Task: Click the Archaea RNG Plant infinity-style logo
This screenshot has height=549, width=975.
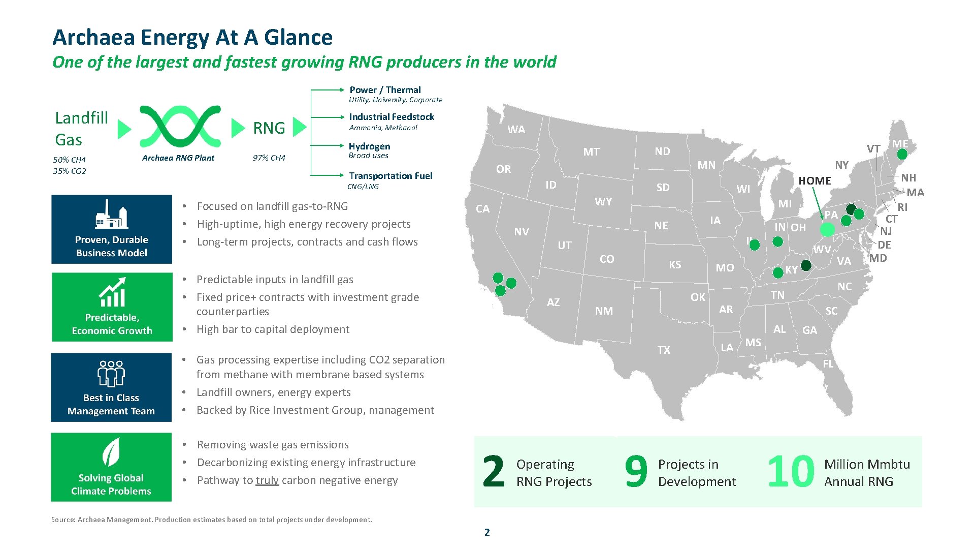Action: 180,127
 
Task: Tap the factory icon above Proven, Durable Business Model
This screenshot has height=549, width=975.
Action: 111,215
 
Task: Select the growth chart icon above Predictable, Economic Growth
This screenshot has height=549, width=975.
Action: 112,292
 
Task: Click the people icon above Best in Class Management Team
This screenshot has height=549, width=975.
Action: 111,374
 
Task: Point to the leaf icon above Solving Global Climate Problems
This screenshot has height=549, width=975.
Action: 111,452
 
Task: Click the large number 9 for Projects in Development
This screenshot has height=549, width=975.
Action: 636,472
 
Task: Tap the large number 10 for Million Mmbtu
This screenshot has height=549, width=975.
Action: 790,472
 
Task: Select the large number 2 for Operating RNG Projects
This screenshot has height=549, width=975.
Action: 493,472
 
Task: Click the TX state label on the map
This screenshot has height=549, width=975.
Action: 664,350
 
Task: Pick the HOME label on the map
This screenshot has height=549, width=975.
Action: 815,181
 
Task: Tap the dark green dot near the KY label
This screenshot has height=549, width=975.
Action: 806,265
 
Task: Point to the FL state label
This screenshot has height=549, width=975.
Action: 828,364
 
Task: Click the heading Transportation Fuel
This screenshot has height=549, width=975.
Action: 391,176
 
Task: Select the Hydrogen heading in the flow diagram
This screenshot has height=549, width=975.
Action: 369,146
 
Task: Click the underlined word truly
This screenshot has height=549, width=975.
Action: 267,480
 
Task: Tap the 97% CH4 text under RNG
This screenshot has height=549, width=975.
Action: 269,158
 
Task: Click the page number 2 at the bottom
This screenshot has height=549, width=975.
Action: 487,532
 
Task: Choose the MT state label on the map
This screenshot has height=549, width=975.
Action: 591,152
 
